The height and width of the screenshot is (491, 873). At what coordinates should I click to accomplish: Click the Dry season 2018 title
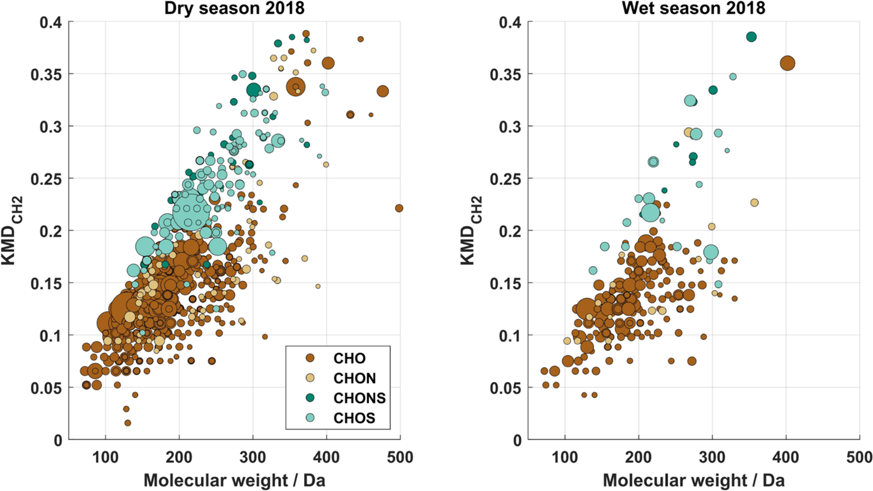point(234,8)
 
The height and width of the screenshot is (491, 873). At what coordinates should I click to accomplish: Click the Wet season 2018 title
point(693,8)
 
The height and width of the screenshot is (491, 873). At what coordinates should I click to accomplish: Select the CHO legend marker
point(310,358)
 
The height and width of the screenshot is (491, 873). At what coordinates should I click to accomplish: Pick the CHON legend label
point(355,378)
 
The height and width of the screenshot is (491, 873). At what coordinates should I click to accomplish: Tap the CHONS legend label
point(359,398)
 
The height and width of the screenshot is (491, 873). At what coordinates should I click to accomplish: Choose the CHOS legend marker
point(310,418)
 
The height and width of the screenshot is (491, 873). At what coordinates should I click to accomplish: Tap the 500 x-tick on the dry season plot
point(400,457)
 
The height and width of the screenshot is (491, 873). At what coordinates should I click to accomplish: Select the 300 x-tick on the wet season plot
point(712,457)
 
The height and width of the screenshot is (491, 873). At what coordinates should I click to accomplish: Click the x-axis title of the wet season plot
point(693,480)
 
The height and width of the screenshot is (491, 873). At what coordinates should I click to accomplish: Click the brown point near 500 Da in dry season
point(399,208)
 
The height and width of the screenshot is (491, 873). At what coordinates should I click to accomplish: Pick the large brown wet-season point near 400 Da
point(787,64)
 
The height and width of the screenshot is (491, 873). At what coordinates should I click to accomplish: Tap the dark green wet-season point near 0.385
point(752,37)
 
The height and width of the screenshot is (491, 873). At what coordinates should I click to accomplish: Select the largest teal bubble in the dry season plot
point(191,210)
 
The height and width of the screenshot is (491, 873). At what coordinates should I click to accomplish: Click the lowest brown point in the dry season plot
point(128,423)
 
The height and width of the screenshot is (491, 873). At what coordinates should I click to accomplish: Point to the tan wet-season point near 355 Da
point(755,203)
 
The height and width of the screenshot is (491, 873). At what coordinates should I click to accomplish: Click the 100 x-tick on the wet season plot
point(564,457)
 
